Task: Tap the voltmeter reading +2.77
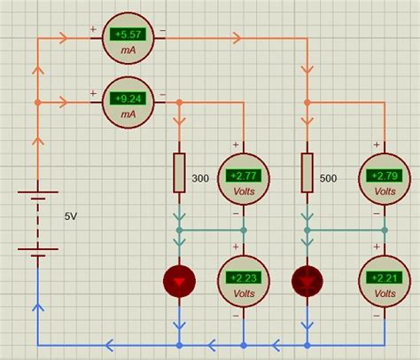243,176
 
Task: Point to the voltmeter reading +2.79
385,176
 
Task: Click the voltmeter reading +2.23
243,278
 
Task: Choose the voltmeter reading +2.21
385,278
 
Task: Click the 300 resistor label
200,178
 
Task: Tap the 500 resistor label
328,178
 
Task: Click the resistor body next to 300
179,173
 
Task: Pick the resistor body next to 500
307,173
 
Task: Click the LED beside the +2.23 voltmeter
179,281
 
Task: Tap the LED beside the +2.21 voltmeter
307,281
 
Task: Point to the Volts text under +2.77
243,189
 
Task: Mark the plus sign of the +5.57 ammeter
93,29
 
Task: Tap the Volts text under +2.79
385,189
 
